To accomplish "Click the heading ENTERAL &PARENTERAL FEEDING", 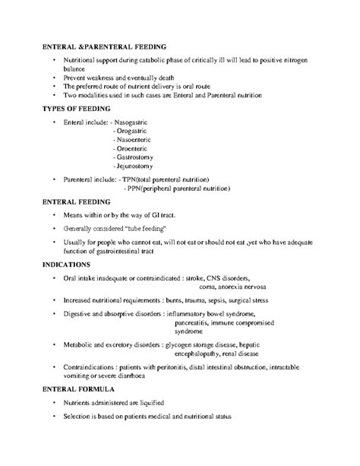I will pos(106,47).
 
